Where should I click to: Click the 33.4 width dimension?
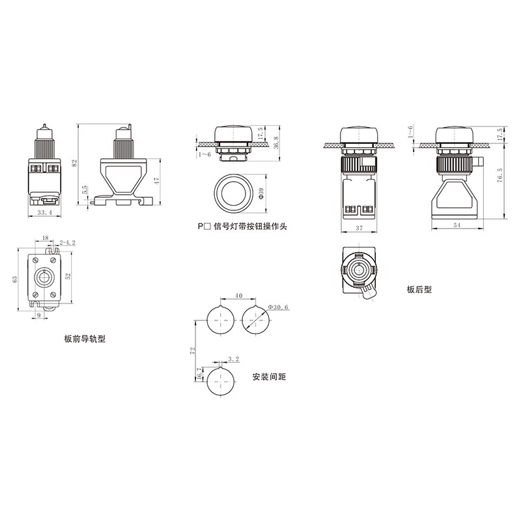point(45,213)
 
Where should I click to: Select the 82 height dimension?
point(74,163)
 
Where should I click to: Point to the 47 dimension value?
point(157,181)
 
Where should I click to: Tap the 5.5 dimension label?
point(85,190)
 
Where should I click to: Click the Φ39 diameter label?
point(261,193)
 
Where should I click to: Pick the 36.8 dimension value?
point(275,143)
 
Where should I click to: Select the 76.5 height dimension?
point(500,175)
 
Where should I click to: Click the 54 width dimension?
point(457,225)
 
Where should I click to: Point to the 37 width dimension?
point(359,228)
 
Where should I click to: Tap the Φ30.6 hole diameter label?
point(278,307)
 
